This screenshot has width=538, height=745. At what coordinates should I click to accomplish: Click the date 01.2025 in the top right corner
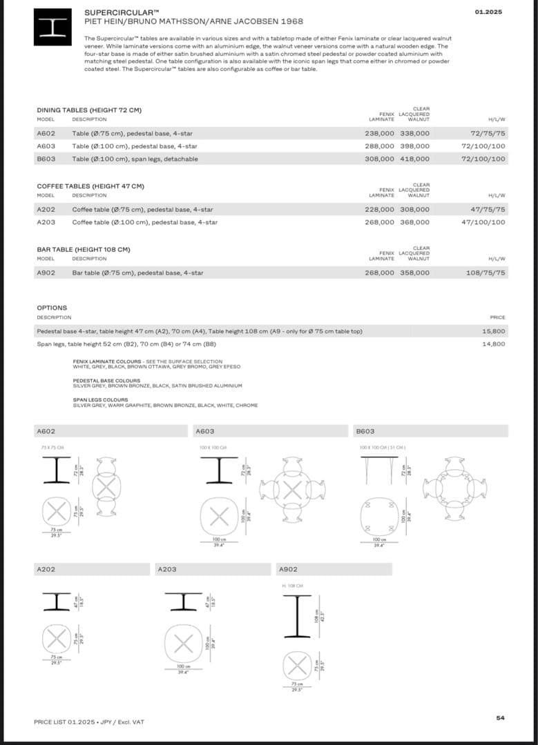[488, 12]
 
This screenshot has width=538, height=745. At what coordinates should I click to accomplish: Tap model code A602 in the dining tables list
[46, 133]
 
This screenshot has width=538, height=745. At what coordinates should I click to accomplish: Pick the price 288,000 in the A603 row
[379, 146]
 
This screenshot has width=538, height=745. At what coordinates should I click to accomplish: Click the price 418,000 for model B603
[414, 159]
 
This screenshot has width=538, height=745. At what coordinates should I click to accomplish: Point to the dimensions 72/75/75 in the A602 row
[488, 133]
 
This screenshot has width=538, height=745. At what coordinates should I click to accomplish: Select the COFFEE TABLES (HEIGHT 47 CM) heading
[90, 186]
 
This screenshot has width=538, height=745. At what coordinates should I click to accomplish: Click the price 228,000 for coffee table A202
[379, 209]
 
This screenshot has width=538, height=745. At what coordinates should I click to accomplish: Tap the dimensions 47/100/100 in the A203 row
[483, 222]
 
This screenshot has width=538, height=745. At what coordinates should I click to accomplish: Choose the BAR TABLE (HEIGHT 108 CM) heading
[83, 249]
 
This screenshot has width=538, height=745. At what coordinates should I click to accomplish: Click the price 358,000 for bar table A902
[414, 272]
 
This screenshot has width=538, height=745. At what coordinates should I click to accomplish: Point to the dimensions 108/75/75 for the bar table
[486, 272]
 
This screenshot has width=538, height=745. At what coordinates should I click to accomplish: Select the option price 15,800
[493, 331]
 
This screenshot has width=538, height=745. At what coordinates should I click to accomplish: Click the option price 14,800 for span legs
[493, 344]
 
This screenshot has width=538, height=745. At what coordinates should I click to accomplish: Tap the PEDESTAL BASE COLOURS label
[106, 381]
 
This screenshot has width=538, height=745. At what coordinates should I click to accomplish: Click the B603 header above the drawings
[365, 431]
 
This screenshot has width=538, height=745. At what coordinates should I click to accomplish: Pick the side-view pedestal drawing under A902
[297, 617]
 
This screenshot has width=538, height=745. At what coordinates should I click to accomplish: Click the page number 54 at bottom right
[500, 718]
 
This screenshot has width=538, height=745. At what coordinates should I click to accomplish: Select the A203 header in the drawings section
[167, 569]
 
